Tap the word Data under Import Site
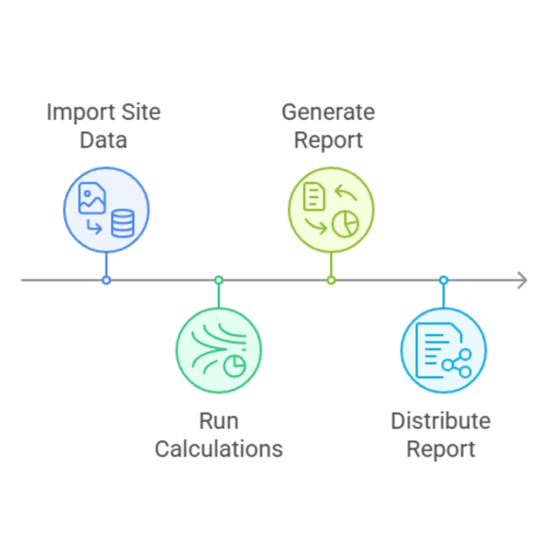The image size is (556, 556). click(105, 140)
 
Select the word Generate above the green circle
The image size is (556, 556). click(328, 113)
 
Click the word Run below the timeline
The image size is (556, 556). click(219, 422)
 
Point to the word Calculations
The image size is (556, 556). click(219, 449)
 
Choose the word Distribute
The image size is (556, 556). click(440, 422)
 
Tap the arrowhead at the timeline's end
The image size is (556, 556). click(523, 280)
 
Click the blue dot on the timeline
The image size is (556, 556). click(106, 280)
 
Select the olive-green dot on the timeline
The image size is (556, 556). click(331, 280)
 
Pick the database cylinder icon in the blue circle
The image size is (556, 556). click(122, 223)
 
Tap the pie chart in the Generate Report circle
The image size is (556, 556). click(345, 223)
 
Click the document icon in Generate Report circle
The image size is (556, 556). click(314, 196)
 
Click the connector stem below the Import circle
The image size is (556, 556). click(106, 264)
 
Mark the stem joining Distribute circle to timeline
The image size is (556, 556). click(443, 295)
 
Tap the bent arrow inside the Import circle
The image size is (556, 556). click(94, 226)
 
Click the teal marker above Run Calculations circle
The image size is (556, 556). click(218, 281)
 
